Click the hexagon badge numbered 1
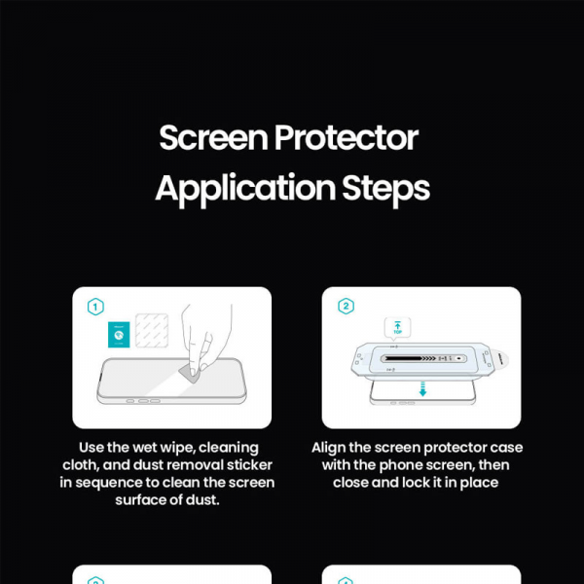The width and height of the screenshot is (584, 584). (95, 308)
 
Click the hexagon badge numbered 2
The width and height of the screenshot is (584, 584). (346, 308)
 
